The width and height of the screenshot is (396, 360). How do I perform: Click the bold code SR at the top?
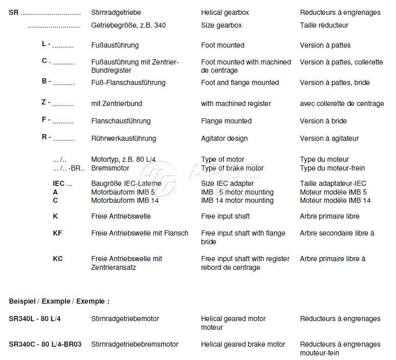click(x=14, y=12)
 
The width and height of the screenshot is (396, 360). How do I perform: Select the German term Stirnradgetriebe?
click(x=116, y=12)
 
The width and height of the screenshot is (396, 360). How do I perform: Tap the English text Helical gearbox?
click(x=225, y=12)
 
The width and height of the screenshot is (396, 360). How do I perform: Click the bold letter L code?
click(x=45, y=45)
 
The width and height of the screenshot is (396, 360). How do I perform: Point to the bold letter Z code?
click(x=44, y=102)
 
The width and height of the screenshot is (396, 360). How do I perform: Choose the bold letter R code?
click(x=45, y=138)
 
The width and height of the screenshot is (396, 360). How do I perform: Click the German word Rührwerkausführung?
click(x=123, y=138)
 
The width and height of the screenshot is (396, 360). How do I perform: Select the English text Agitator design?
click(x=224, y=138)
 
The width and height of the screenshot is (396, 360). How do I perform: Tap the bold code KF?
click(x=58, y=233)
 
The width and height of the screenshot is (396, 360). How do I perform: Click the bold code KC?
click(x=58, y=259)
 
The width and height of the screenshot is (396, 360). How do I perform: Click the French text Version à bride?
click(x=323, y=121)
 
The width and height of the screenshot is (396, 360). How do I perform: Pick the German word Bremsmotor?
click(x=110, y=168)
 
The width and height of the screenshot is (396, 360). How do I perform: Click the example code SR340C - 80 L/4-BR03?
click(x=45, y=344)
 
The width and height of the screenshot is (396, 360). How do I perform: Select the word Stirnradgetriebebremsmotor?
click(x=135, y=344)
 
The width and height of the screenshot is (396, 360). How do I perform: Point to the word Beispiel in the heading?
click(x=24, y=301)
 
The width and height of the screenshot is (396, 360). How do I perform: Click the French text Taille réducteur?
click(x=324, y=25)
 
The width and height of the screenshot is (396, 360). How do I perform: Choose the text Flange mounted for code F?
click(x=226, y=121)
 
